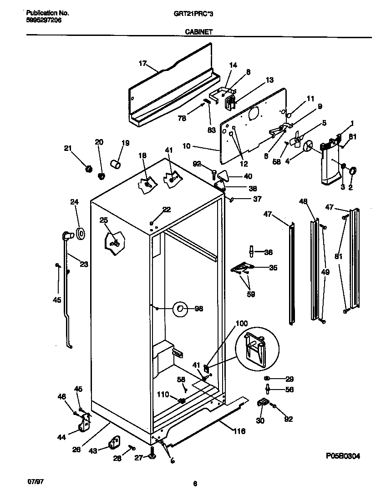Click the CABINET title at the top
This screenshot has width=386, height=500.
pos(197,32)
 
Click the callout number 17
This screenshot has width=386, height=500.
pos(142,63)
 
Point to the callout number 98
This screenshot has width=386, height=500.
pos(198,309)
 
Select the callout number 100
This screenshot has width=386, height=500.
pos(242,324)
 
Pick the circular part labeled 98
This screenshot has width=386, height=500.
pos(180,309)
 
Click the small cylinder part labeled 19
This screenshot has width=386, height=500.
pos(116,163)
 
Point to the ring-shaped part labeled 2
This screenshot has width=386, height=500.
pos(353,171)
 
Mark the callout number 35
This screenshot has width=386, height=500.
pos(273,268)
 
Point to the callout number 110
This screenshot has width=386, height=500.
pos(163,395)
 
